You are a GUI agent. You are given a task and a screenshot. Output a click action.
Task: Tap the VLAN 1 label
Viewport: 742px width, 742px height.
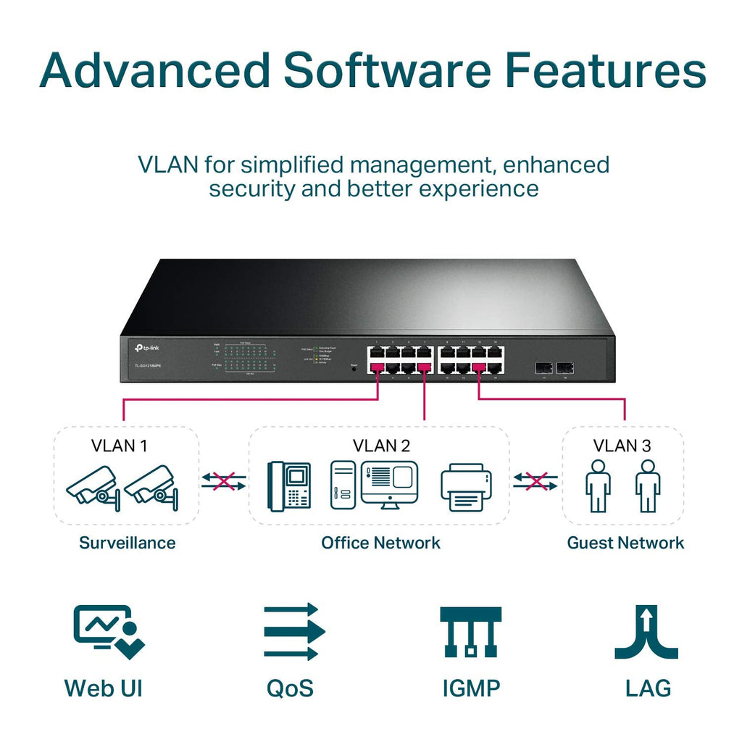pyautogui.click(x=119, y=445)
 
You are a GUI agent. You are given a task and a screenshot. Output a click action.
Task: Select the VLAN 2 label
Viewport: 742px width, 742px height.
pyautogui.click(x=381, y=445)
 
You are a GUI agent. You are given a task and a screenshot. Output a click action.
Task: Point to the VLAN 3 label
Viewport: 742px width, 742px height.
pyautogui.click(x=622, y=445)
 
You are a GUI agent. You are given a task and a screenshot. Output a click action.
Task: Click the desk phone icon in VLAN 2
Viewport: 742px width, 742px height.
pyautogui.click(x=290, y=485)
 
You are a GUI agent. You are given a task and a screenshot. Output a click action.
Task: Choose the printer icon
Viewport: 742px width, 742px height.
pyautogui.click(x=466, y=487)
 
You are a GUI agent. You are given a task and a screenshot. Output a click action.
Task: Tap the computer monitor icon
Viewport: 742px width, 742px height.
pyautogui.click(x=390, y=484)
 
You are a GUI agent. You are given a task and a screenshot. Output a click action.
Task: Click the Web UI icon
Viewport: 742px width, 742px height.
pyautogui.click(x=108, y=631)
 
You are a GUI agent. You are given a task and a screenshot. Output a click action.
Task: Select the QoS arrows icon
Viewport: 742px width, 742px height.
pyautogui.click(x=291, y=631)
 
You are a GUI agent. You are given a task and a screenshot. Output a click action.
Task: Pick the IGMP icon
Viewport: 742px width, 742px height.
pyautogui.click(x=471, y=631)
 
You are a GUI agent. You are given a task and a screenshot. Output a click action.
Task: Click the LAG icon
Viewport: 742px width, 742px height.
pyautogui.click(x=646, y=631)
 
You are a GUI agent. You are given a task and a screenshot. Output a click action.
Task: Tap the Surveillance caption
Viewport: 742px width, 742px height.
pyautogui.click(x=127, y=543)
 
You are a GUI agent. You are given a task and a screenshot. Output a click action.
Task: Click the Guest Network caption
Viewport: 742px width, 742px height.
pyautogui.click(x=625, y=543)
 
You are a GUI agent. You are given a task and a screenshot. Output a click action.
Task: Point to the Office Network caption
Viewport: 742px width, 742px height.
pyautogui.click(x=380, y=543)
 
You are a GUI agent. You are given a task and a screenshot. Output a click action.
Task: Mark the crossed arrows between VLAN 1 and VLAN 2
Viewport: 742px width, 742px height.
pyautogui.click(x=224, y=481)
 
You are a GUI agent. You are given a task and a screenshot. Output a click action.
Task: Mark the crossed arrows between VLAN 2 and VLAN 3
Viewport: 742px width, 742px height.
pyautogui.click(x=535, y=481)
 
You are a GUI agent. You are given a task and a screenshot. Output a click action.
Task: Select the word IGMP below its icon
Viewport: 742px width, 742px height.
pyautogui.click(x=471, y=688)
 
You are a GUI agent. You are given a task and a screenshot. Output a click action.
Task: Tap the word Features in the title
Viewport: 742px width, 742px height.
pyautogui.click(x=605, y=71)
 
